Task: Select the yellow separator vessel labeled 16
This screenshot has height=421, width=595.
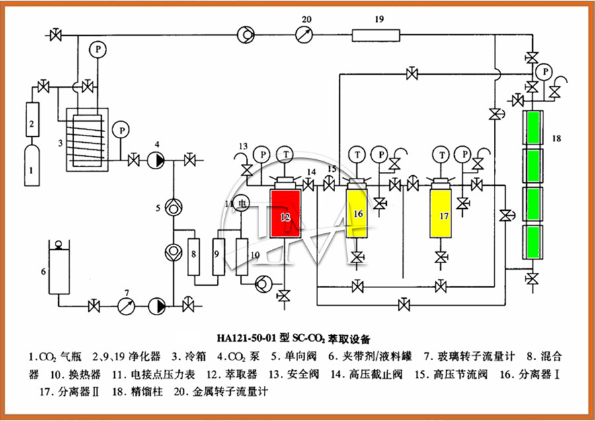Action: click(358, 214)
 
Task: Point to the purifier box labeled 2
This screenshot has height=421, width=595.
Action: click(31, 123)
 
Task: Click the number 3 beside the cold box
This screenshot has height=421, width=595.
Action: click(60, 142)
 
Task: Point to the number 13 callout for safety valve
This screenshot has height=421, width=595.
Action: click(244, 146)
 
